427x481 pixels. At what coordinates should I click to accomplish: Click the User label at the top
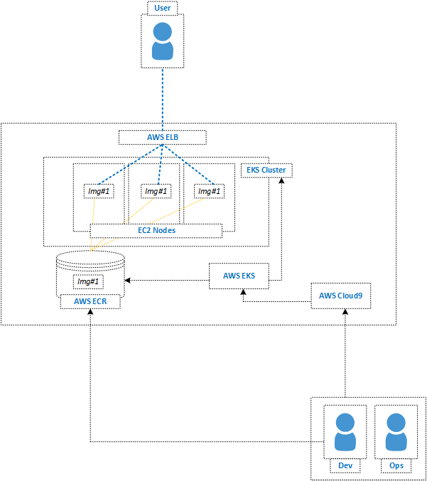coord(163,9)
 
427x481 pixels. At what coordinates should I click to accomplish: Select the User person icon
coord(163,41)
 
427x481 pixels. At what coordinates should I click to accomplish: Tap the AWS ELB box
coord(162,137)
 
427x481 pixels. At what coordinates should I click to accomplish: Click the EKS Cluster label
coord(267,171)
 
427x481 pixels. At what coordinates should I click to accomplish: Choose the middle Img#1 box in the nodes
coord(156,191)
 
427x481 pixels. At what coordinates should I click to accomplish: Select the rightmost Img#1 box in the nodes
coord(209,191)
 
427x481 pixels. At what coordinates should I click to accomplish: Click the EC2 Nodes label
coord(156,230)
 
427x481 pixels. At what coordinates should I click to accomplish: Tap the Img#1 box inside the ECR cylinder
coord(90,281)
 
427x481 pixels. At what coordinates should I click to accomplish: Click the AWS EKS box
coord(239,276)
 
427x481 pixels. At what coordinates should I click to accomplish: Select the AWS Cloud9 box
coord(342,296)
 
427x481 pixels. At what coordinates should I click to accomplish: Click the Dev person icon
coord(345,433)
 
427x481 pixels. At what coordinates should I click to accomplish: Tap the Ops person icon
coord(396,433)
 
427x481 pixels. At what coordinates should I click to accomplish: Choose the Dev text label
coord(345,466)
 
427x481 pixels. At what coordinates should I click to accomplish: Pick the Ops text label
coord(396,466)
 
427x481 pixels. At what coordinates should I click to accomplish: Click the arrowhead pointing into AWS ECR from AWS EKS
coord(129,280)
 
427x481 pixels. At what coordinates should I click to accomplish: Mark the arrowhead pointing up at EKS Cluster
coord(281,180)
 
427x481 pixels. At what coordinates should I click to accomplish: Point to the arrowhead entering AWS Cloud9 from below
coord(345,312)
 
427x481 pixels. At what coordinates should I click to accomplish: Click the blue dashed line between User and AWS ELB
coord(163,99)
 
